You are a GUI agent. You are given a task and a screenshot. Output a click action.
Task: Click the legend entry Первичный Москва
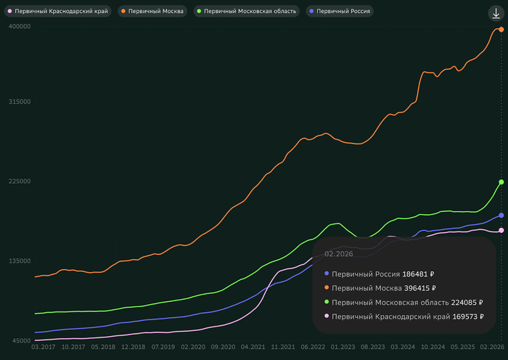pyautogui.click(x=151, y=12)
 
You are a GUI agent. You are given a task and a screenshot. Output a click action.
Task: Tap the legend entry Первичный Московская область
pyautogui.click(x=246, y=12)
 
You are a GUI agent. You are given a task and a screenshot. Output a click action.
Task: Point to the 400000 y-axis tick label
pyautogui.click(x=19, y=27)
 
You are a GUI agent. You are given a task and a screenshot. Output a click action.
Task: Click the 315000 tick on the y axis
pyautogui.click(x=19, y=102)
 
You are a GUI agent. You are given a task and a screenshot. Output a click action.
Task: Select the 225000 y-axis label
pyautogui.click(x=19, y=181)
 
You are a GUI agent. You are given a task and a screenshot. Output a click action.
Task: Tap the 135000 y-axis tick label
pyautogui.click(x=19, y=261)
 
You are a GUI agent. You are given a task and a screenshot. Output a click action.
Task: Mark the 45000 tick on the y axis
pyautogui.click(x=20, y=340)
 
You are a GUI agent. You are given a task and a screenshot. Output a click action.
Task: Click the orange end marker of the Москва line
pyautogui.click(x=501, y=30)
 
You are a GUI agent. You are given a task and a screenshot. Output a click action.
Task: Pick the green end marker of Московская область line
pyautogui.click(x=501, y=182)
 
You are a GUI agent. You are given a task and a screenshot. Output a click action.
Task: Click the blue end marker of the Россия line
pyautogui.click(x=501, y=216)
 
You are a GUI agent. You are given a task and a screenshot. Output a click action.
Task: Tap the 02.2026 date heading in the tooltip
pyautogui.click(x=338, y=254)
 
